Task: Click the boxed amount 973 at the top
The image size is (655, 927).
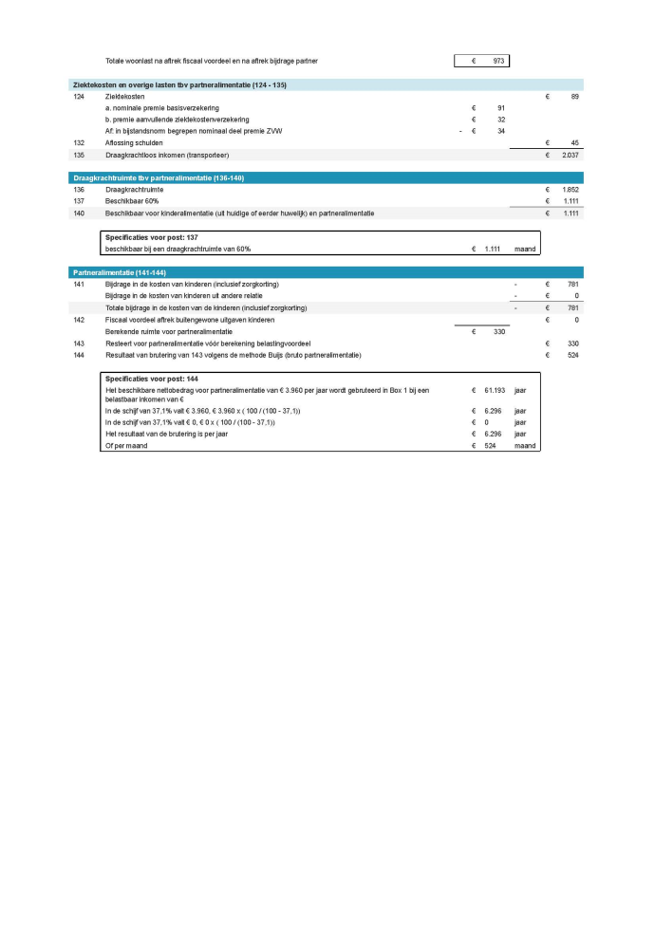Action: click(x=497, y=61)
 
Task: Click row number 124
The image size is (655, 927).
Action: click(x=79, y=97)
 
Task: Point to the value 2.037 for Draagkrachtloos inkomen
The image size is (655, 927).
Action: click(x=570, y=155)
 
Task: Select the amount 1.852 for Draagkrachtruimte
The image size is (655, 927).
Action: click(x=570, y=190)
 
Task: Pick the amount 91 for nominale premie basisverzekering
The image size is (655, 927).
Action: click(x=499, y=108)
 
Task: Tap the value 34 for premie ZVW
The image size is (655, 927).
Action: click(x=499, y=131)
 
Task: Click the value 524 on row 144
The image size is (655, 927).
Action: click(x=571, y=355)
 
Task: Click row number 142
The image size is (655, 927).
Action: click(x=79, y=320)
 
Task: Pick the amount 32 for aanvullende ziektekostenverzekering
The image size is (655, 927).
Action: click(x=499, y=120)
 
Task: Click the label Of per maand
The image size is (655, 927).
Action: click(x=124, y=445)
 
